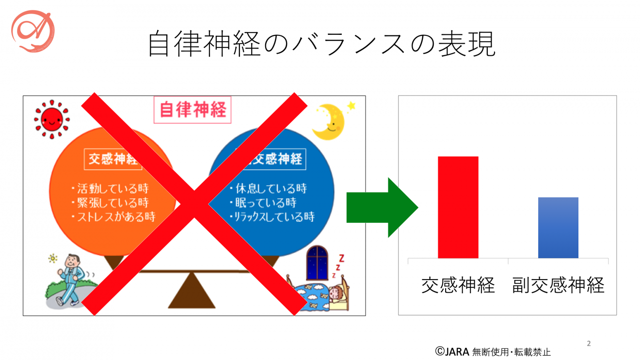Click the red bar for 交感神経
[458, 207]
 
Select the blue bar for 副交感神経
[558, 227]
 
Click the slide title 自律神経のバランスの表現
[321, 44]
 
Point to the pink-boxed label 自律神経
[193, 110]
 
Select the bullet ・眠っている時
[263, 203]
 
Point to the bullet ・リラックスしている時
[272, 217]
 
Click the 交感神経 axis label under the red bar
[458, 285]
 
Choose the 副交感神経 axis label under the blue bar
[559, 285]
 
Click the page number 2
[589, 344]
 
